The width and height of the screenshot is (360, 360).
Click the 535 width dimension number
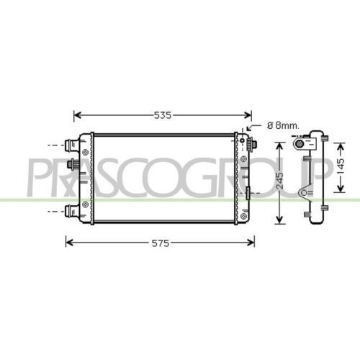pyautogui.click(x=163, y=114)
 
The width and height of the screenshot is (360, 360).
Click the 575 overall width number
pyautogui.click(x=160, y=243)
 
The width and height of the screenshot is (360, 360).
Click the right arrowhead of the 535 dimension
pyautogui.click(x=249, y=114)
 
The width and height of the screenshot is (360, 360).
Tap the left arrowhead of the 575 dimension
pyautogui.click(x=69, y=243)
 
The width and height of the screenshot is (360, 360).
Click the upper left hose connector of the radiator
pyautogui.click(x=72, y=145)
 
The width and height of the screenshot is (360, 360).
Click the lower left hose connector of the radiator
pyautogui.click(x=72, y=211)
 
